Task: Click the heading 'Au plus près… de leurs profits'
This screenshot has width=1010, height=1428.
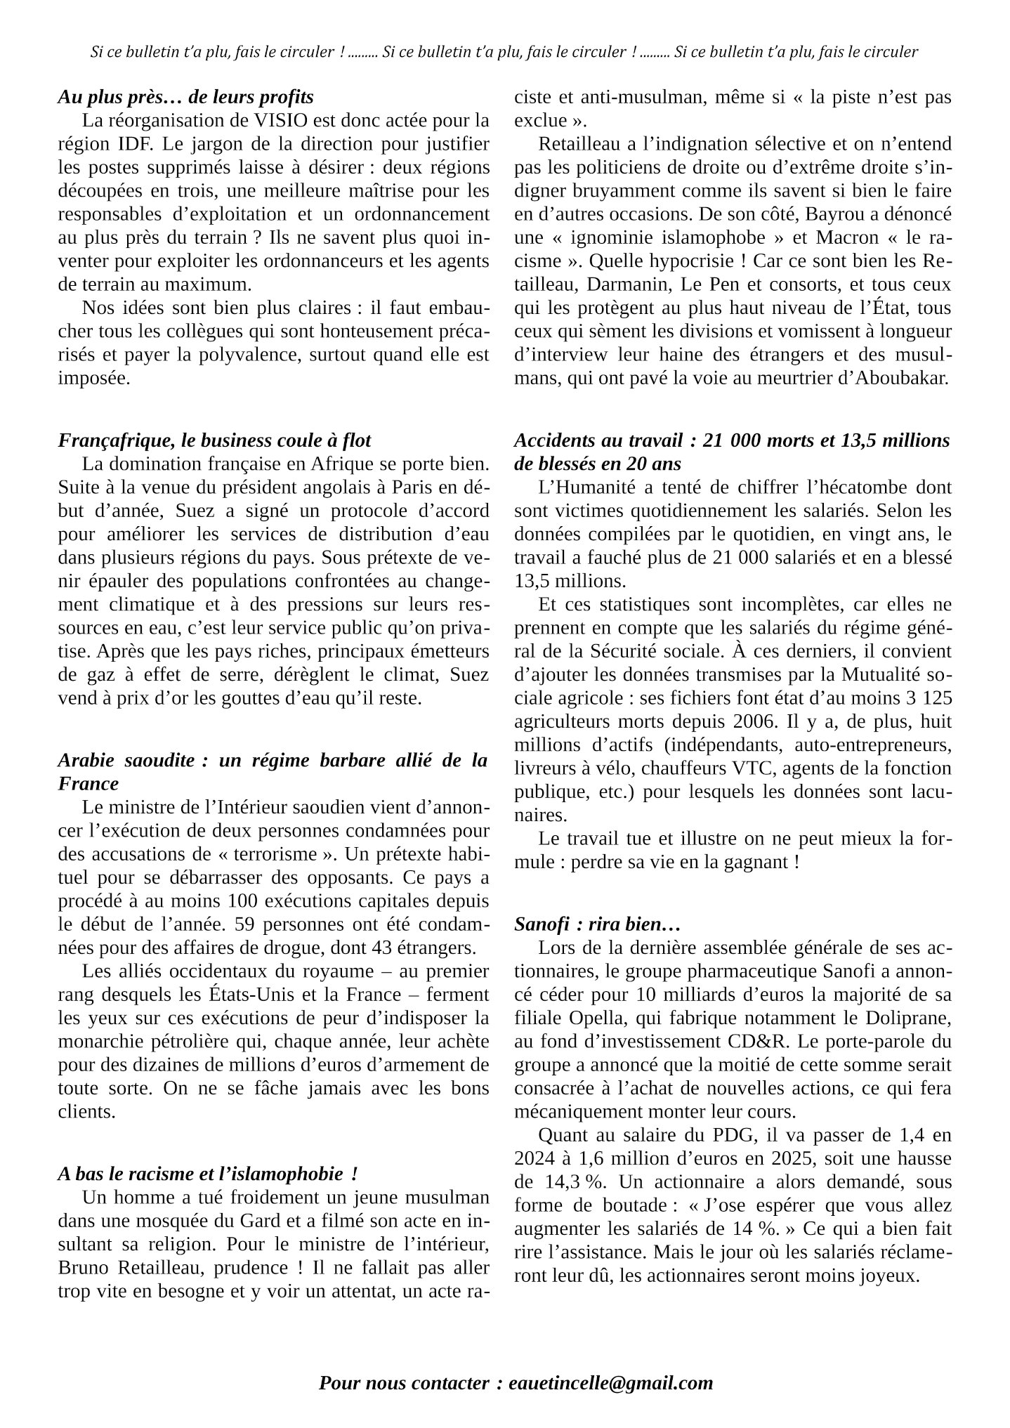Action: click(x=185, y=97)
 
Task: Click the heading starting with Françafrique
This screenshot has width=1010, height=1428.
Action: click(x=214, y=440)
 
